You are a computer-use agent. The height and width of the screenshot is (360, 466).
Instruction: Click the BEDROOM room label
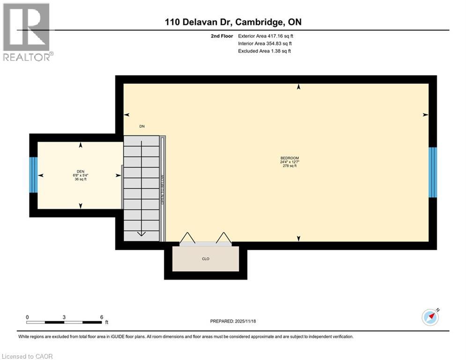[289, 158]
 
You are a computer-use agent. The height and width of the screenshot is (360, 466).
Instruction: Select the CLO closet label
[205, 258]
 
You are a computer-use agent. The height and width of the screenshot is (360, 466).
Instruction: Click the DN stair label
[142, 126]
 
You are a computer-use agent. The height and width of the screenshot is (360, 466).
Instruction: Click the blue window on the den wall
[33, 175]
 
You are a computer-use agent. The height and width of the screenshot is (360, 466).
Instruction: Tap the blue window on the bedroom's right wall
[433, 172]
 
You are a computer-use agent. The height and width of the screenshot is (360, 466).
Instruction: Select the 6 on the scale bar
[101, 317]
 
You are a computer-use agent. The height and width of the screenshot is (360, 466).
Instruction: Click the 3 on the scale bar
[64, 317]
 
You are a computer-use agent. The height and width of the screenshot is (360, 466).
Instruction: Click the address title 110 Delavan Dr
[200, 22]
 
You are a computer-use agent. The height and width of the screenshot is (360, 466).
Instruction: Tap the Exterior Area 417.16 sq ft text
[266, 36]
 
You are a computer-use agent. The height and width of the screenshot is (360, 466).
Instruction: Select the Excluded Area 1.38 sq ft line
[264, 51]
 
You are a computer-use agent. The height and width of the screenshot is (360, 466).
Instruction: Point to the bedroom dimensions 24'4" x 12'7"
[289, 162]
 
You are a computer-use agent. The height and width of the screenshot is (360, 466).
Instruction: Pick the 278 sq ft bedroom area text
[289, 166]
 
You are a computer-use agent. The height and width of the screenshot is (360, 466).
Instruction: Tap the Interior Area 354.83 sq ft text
[265, 44]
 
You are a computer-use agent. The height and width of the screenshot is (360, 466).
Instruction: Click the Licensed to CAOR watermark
[28, 356]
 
